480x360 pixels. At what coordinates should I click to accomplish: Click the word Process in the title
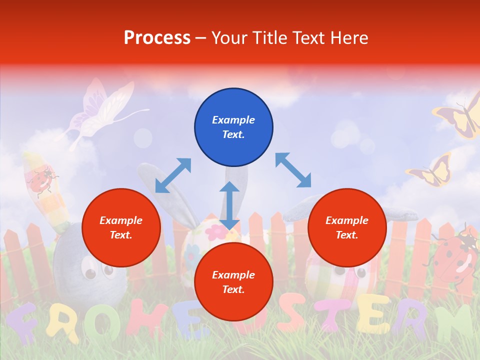[157, 38]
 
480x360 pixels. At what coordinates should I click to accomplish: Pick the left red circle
[121, 227]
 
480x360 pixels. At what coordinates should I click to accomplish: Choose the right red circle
[347, 227]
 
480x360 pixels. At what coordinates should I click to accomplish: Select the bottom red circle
[233, 282]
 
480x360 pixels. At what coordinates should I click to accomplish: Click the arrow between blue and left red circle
[173, 175]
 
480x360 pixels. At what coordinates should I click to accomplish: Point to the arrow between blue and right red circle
[293, 170]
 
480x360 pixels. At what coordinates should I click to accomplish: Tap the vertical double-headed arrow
[229, 205]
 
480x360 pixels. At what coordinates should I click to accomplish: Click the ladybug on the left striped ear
[41, 181]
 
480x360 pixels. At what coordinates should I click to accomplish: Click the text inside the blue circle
[233, 127]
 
